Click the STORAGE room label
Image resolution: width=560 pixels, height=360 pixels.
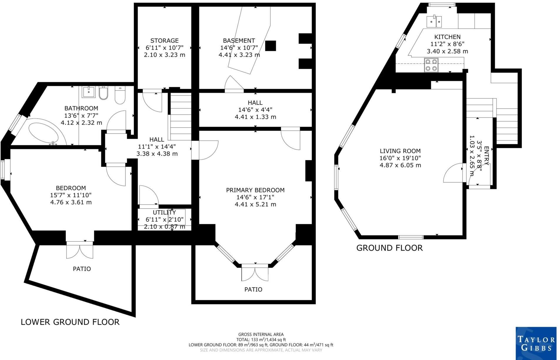(164, 41)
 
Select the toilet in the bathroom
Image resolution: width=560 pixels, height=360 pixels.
(120, 96)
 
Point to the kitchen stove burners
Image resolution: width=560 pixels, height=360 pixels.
(431, 65)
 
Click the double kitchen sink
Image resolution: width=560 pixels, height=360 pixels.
(434, 21)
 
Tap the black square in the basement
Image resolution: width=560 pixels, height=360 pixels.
(271, 46)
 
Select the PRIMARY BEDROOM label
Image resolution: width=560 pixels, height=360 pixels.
(255, 190)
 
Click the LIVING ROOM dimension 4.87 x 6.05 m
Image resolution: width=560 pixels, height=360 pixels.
(400, 165)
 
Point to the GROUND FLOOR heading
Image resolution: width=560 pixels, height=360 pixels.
(389, 248)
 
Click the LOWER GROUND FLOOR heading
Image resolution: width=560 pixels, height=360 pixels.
(70, 322)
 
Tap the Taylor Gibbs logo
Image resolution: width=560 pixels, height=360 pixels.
(536, 343)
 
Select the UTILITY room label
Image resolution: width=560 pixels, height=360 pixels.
(164, 213)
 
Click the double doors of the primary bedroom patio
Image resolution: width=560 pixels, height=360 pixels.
(255, 273)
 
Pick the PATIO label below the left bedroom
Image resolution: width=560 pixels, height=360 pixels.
(82, 269)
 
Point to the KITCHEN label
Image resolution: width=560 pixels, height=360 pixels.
(447, 37)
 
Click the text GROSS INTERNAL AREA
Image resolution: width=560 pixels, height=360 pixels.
(261, 334)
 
